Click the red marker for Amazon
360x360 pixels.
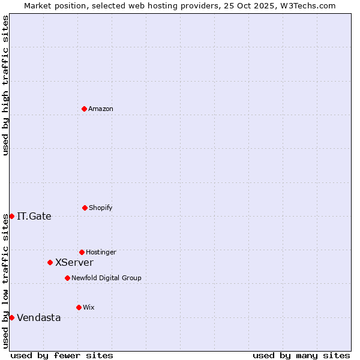tap(84, 109)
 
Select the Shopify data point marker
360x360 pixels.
tap(85, 208)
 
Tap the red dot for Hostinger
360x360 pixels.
tap(82, 252)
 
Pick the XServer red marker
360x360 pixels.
tap(50, 262)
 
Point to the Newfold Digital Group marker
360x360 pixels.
tap(67, 278)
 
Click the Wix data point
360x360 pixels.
tap(79, 307)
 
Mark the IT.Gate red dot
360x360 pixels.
tap(11, 216)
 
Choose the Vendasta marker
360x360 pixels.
tap(11, 317)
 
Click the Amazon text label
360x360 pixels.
tap(101, 109)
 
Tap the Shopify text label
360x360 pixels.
tap(101, 208)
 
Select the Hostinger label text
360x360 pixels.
tap(101, 253)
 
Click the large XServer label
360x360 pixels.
tap(74, 263)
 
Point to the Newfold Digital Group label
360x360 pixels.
tap(106, 278)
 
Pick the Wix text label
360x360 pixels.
tap(89, 308)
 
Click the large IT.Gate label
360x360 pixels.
tap(34, 217)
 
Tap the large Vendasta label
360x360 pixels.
tap(39, 318)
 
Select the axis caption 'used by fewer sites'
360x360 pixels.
tap(62, 355)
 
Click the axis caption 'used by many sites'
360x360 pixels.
tap(301, 355)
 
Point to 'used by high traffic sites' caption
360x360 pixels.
tap(5, 85)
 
